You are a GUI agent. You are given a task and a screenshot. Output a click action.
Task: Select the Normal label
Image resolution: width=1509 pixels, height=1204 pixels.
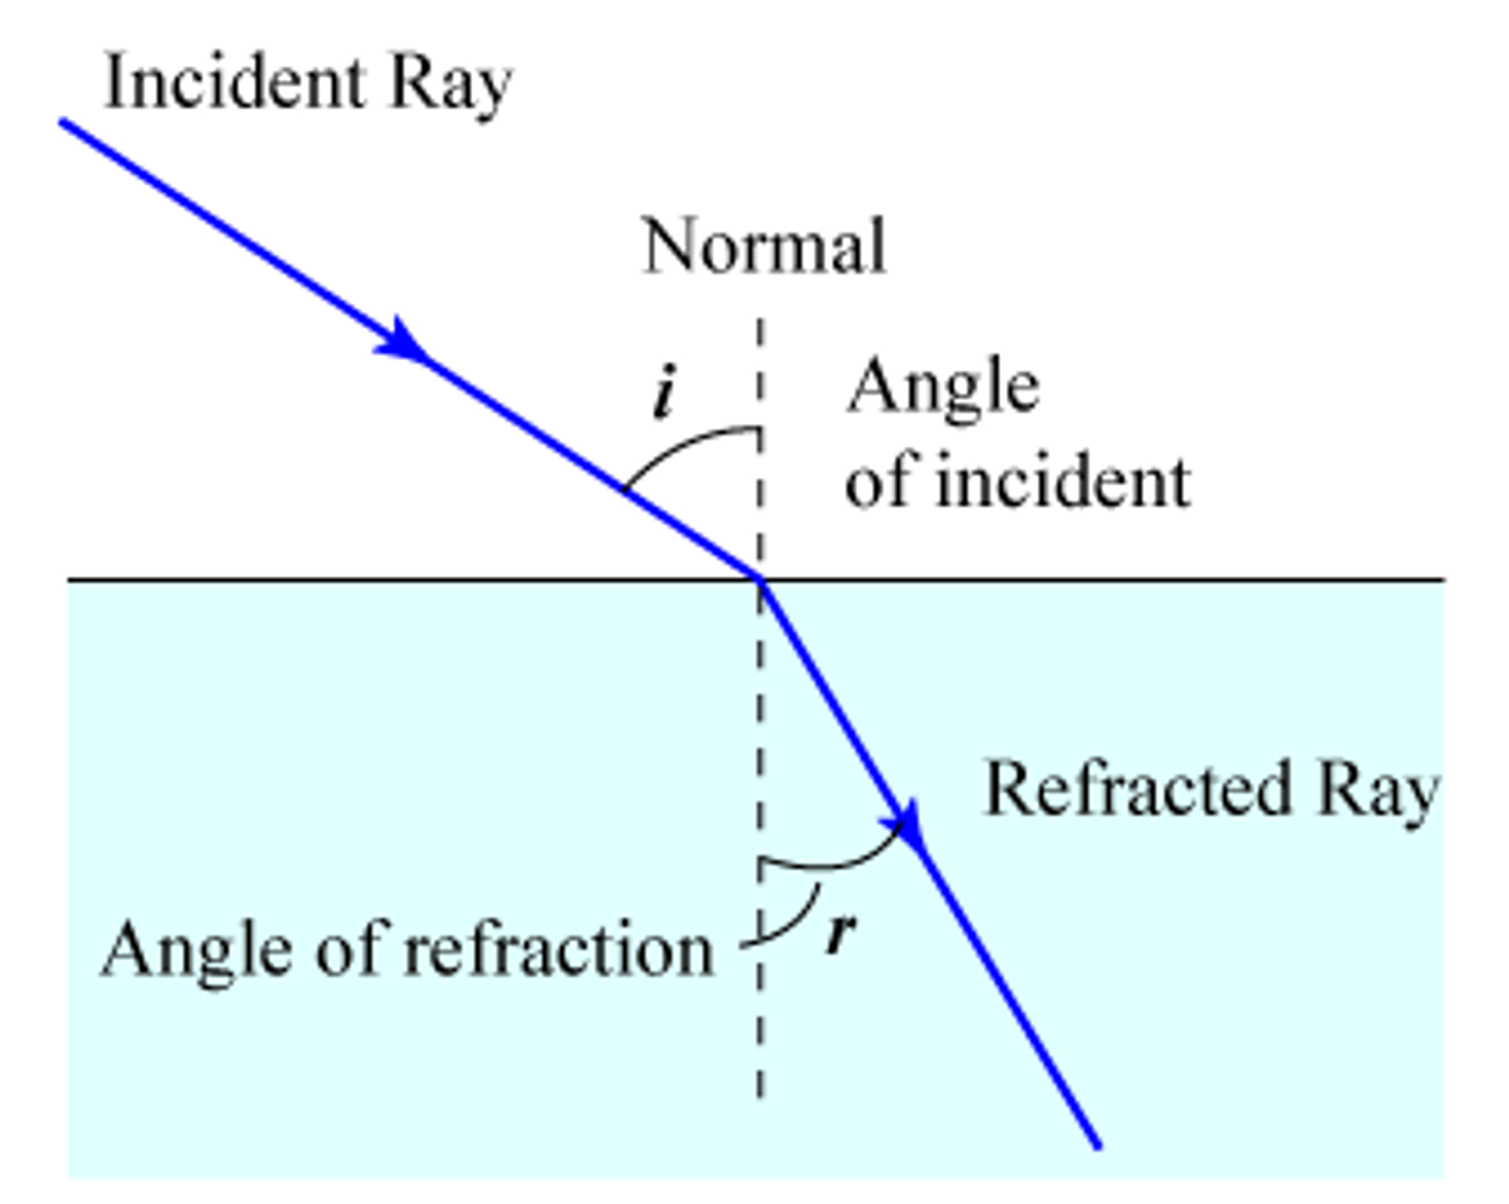pos(764,247)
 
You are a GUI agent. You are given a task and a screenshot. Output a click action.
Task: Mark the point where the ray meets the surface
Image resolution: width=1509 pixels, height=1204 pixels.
pos(760,579)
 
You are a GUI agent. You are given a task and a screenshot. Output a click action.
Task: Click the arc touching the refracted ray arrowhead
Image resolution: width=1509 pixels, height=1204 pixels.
pos(830,864)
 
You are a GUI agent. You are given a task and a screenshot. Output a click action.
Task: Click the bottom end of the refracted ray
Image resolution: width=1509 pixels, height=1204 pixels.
pos(1098,1147)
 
